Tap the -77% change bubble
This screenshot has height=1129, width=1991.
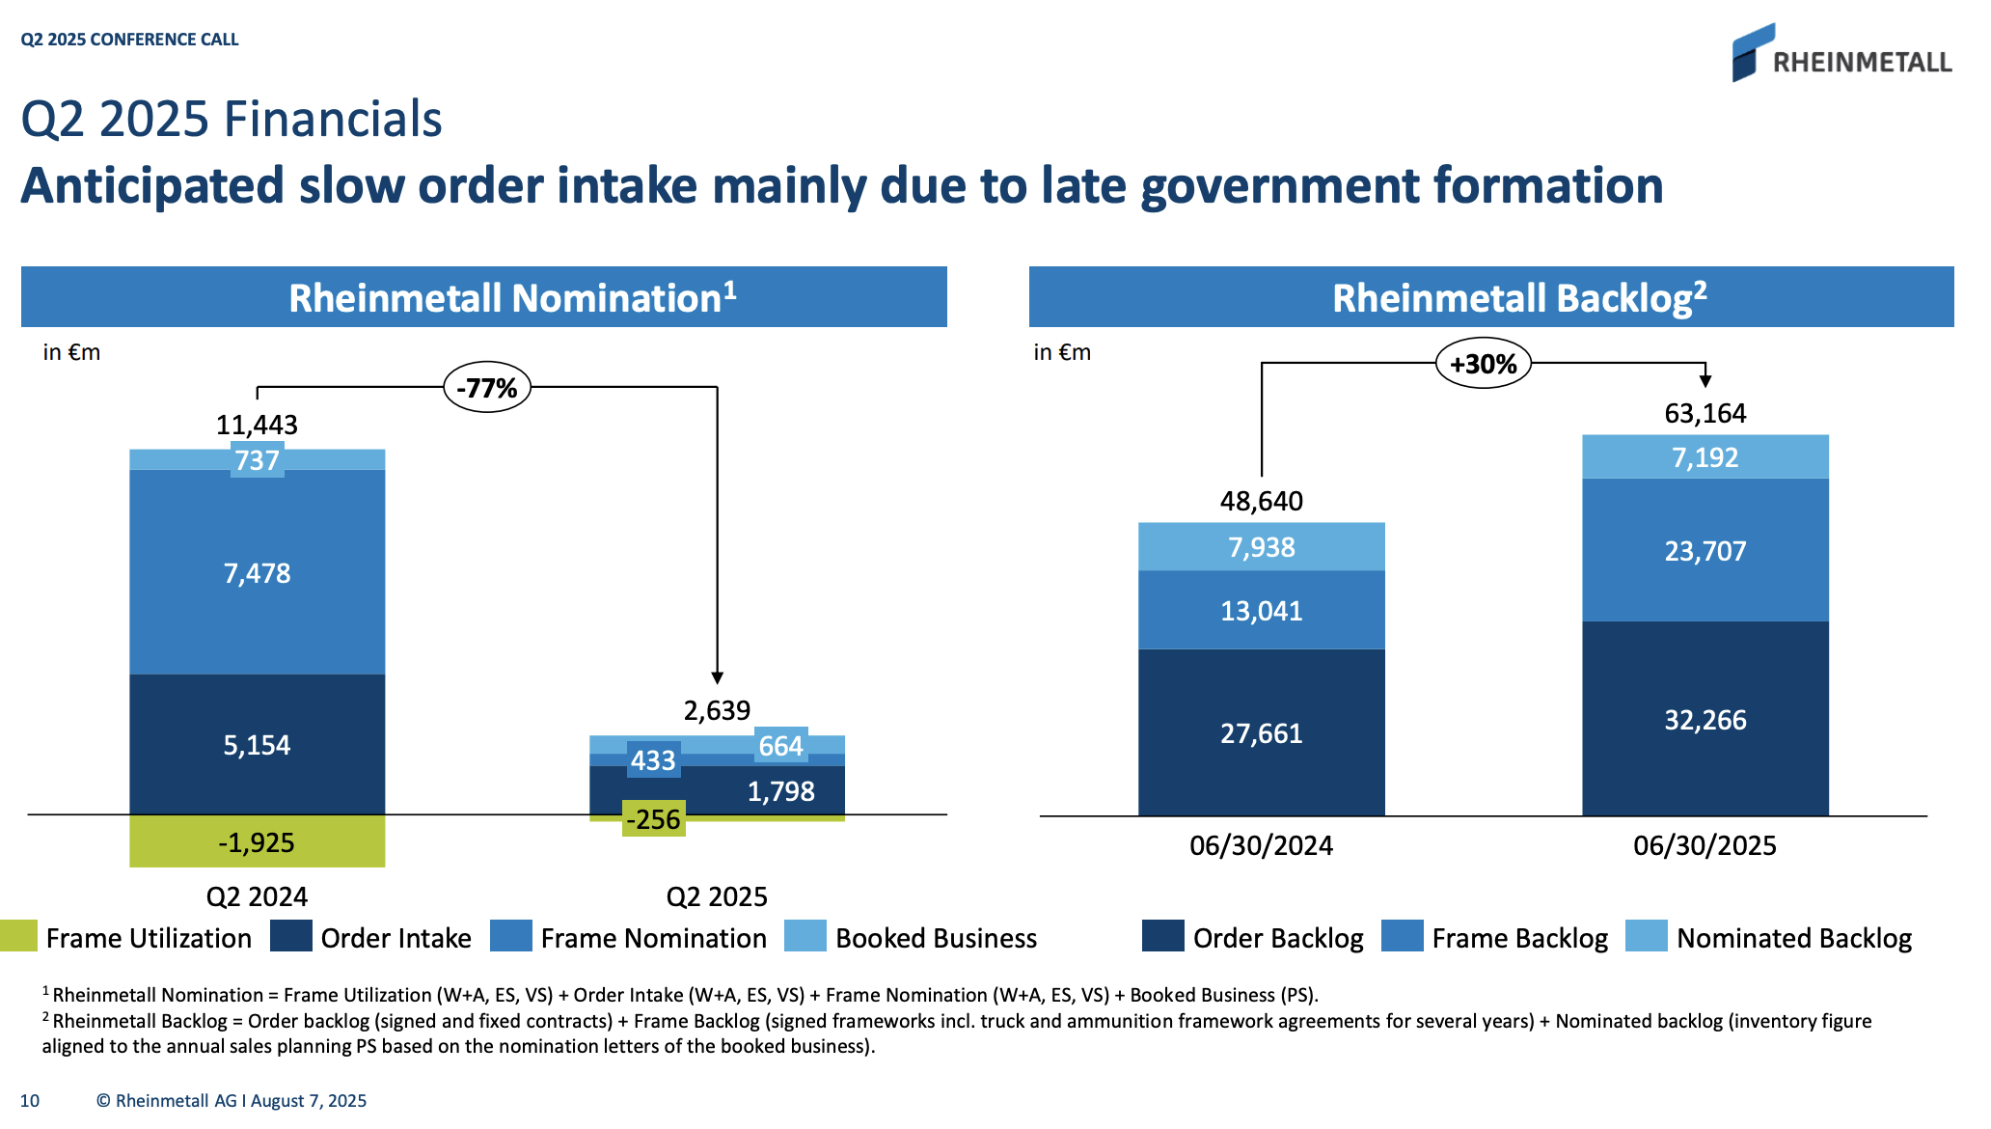coord(487,388)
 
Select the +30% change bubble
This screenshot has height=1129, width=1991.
coord(1483,364)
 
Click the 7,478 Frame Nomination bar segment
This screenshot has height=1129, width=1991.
coord(257,573)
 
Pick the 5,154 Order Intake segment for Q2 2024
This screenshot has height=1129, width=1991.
coord(257,744)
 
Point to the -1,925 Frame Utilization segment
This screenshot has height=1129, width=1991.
coord(257,841)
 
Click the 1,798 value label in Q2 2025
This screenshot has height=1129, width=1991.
coord(780,791)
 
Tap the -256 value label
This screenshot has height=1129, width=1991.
coord(654,819)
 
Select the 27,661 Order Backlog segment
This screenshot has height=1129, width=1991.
coord(1261,733)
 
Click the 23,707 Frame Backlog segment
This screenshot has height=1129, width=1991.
coord(1705,551)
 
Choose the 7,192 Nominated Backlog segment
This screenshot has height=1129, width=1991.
coord(1705,457)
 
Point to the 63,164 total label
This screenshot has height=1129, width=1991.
coord(1705,413)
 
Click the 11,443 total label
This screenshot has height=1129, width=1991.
coord(257,425)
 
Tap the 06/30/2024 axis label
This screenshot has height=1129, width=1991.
coord(1261,845)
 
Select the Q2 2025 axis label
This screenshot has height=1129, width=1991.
coord(717,896)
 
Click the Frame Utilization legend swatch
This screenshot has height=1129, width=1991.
coord(18,936)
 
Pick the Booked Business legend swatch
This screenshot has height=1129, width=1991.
coord(805,936)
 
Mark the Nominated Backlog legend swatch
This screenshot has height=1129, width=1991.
coord(1646,936)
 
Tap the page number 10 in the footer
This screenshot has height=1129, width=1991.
coord(30,1101)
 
